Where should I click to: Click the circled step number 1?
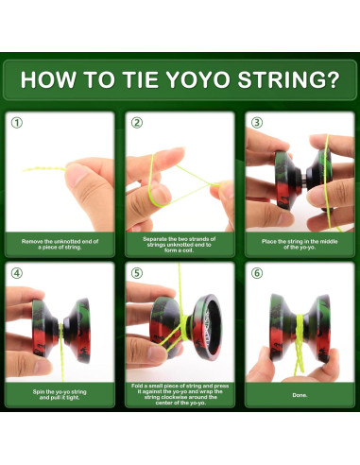click(17, 123)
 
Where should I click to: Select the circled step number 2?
click(137, 123)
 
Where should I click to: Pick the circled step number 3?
click(257, 123)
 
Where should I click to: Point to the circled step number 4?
click(17, 274)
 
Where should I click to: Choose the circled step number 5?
click(137, 274)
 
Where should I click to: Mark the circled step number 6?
click(257, 274)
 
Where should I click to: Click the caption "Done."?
click(298, 395)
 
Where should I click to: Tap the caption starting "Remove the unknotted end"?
click(60, 244)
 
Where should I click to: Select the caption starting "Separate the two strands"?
click(180, 244)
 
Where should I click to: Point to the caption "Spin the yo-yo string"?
click(60, 393)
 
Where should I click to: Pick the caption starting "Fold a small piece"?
click(180, 395)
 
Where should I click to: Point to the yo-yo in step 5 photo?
click(194, 326)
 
